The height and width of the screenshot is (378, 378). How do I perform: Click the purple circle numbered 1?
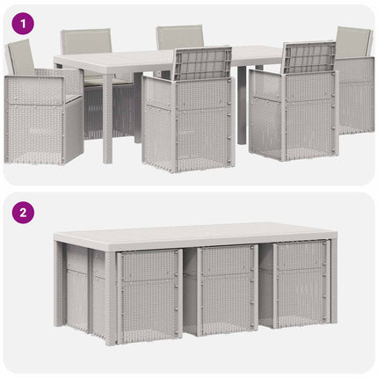coord(23,24)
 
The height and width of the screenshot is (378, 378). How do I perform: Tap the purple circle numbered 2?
coord(23,213)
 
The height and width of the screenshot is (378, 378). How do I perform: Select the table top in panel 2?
coord(195,235)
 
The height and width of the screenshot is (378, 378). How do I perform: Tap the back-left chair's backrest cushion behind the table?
coord(86,41)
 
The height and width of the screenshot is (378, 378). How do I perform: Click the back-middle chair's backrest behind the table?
coord(179,37)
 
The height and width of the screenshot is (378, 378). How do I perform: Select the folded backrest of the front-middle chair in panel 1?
coord(203,63)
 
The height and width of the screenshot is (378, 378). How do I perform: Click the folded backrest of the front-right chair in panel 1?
coord(309,58)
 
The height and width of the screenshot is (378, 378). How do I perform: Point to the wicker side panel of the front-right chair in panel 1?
coord(266,114)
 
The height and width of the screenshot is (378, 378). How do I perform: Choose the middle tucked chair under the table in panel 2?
coord(228,290)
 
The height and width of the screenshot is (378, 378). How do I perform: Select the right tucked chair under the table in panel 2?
coord(302,284)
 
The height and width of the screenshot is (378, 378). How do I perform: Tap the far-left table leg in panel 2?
coord(58,284)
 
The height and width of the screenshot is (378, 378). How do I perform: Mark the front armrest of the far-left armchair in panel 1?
coord(35,90)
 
